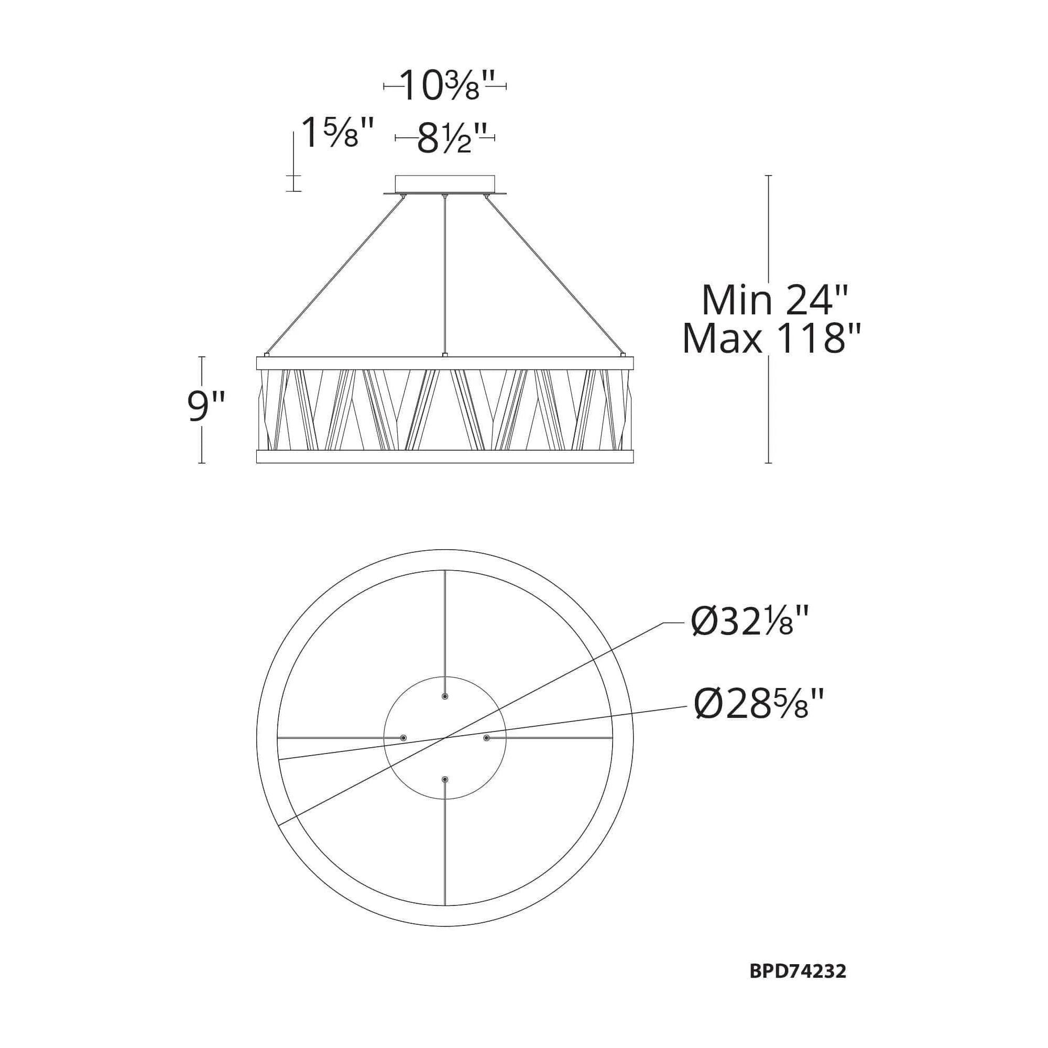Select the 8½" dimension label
pyautogui.click(x=445, y=139)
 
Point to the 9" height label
pyautogui.click(x=205, y=407)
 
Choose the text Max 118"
pyautogui.click(x=772, y=339)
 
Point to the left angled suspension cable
pyautogui.click(x=336, y=274)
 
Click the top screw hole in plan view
pyautogui.click(x=445, y=696)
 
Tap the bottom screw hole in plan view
pyautogui.click(x=445, y=780)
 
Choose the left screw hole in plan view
pyautogui.click(x=403, y=738)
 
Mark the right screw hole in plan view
pyautogui.click(x=487, y=738)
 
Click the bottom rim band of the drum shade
pyautogui.click(x=445, y=456)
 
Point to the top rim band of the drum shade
pyautogui.click(x=445, y=363)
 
